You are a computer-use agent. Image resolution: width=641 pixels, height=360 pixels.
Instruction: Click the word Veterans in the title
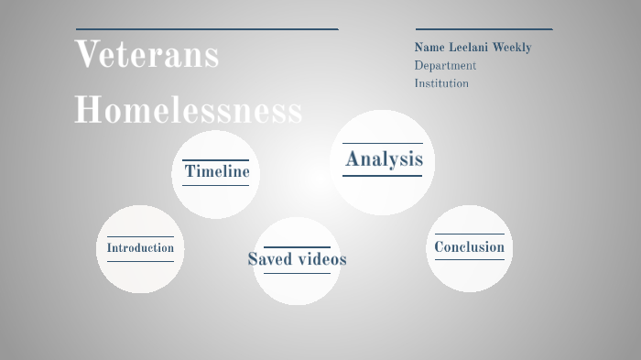coord(147,55)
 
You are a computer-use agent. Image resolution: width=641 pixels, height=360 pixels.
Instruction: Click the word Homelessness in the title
coord(188,111)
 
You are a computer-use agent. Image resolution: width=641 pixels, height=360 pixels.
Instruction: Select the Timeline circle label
coord(216,171)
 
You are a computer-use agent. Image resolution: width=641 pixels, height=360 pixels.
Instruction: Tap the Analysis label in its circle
coord(384,159)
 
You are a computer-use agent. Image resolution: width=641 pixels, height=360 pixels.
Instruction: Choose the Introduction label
coord(140,248)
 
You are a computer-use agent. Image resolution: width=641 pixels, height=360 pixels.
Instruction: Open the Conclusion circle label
coord(469,247)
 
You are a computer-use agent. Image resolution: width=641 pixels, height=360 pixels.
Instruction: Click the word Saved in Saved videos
coord(270,259)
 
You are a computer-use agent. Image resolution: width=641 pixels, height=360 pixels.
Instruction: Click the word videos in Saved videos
coord(321,259)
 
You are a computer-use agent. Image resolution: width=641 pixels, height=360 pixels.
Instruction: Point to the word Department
coord(445,66)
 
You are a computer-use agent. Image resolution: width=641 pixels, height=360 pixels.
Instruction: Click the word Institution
coord(441,83)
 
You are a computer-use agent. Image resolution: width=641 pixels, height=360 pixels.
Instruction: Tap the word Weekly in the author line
coord(514,48)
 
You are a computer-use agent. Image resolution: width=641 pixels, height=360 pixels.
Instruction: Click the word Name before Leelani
coord(429,48)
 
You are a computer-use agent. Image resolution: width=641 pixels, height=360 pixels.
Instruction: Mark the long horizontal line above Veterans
coord(207,29)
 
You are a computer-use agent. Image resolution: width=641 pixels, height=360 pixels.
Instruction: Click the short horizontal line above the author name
coord(483,29)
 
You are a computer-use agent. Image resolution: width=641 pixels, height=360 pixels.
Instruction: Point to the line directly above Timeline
coord(215,160)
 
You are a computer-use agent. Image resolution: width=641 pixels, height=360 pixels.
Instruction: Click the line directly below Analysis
coord(382,175)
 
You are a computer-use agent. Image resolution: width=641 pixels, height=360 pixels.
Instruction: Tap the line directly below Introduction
coord(140,261)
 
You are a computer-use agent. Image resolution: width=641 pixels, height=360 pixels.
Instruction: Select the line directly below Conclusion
coord(469,259)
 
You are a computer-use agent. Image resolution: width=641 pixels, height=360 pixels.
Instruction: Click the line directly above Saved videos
coord(297,247)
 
